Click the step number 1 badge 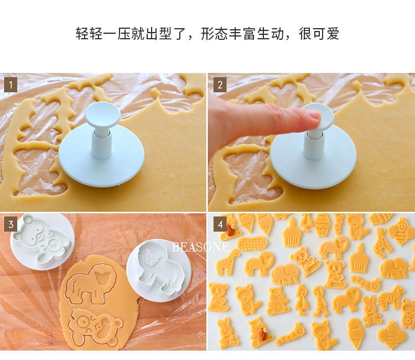[11, 85]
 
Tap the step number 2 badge [220, 85]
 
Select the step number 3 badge [11, 225]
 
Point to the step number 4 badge [220, 225]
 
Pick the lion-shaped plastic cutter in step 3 [159, 270]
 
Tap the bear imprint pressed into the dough [95, 327]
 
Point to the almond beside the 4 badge [231, 229]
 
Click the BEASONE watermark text [201, 247]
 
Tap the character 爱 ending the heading [333, 34]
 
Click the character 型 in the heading [165, 34]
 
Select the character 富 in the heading [249, 34]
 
